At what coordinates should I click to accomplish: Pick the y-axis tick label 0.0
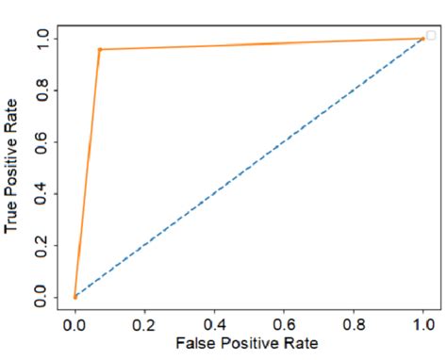41,299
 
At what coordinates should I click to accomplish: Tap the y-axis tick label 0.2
41,247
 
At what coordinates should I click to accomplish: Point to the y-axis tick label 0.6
41,142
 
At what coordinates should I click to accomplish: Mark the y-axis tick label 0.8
41,90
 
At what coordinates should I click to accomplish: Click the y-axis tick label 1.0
41,39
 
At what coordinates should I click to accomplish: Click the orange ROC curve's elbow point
99,49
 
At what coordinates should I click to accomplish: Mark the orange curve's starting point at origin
74,296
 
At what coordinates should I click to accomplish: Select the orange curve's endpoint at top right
422,39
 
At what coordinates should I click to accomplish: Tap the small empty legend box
431,35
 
